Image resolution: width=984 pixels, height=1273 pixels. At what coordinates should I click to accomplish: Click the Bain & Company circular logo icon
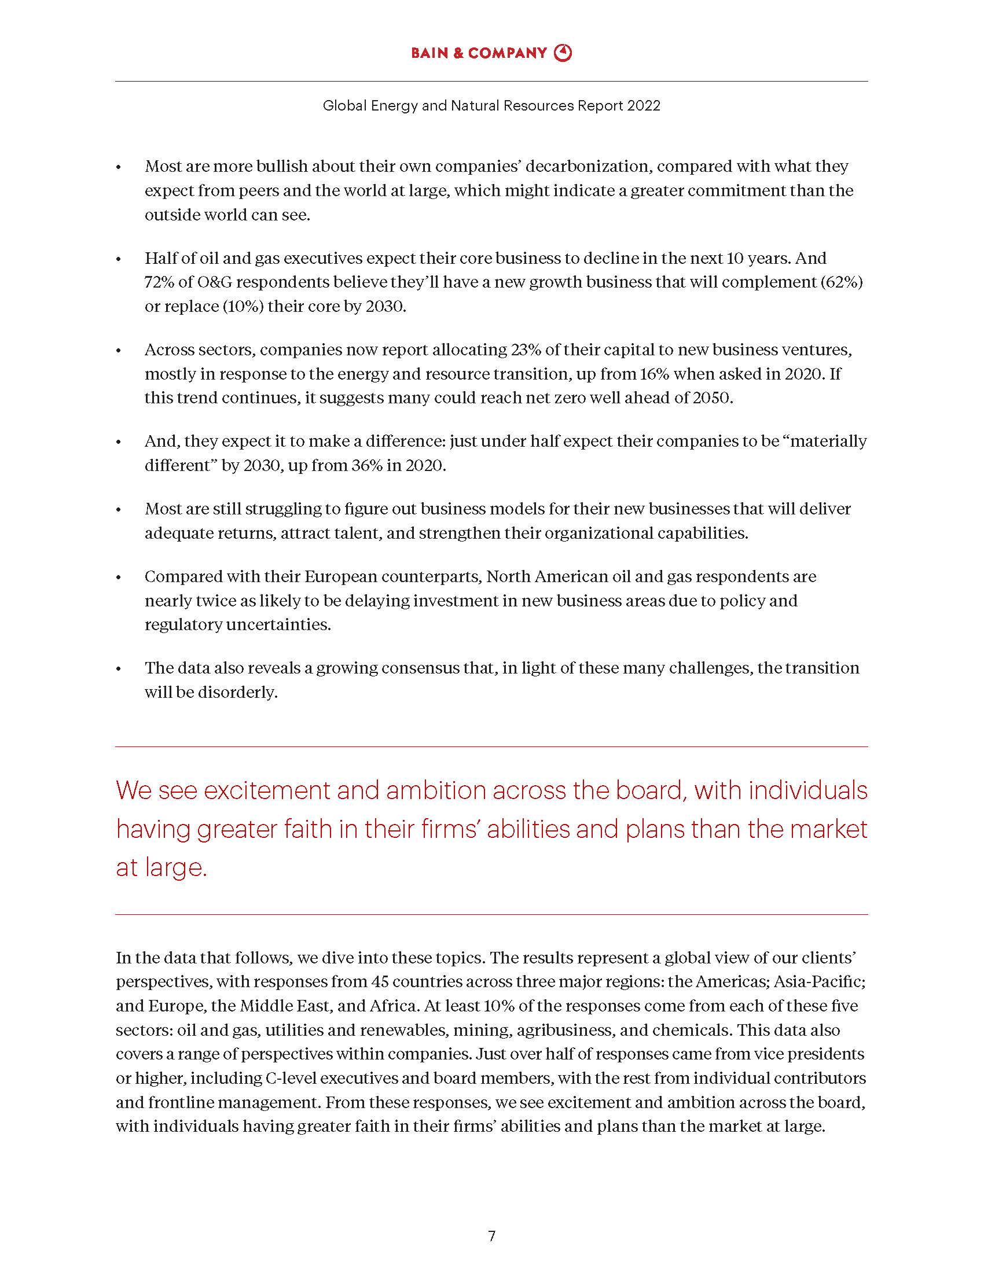(x=563, y=53)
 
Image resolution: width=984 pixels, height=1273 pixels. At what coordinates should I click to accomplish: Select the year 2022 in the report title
(x=644, y=105)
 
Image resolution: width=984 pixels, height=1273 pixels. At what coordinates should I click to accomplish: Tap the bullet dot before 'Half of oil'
(x=119, y=259)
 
